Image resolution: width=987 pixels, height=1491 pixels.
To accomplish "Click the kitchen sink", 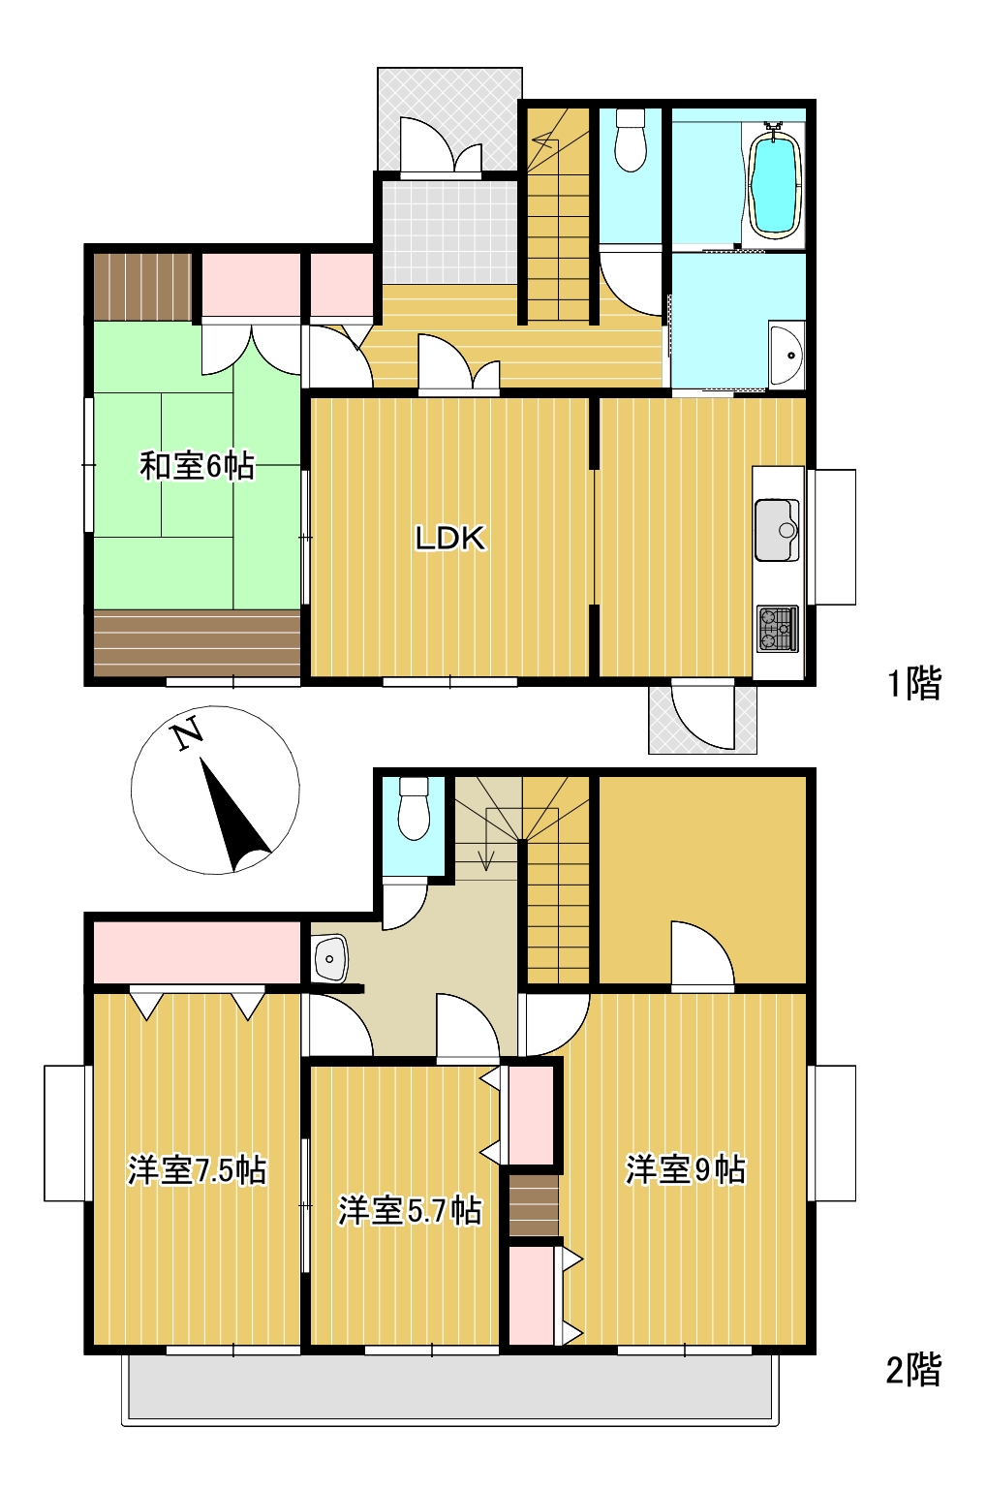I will (x=777, y=530).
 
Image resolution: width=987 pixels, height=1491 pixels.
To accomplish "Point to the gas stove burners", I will (x=777, y=629).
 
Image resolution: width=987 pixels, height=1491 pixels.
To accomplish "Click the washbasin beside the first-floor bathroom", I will (x=786, y=355).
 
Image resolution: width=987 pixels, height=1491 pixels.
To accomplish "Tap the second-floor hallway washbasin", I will (x=330, y=959).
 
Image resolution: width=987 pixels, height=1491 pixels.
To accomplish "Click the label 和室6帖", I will (x=197, y=466).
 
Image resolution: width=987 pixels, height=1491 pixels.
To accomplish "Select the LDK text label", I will (x=449, y=539).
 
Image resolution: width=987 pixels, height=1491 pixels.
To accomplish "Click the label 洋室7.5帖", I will (x=197, y=1170).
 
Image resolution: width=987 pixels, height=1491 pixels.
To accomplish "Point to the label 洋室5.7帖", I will (x=409, y=1210).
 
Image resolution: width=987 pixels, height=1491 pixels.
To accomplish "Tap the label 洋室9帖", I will (x=685, y=1169).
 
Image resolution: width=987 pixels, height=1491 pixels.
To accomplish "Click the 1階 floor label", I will (x=913, y=684).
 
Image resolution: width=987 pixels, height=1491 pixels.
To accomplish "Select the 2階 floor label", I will (x=913, y=1370).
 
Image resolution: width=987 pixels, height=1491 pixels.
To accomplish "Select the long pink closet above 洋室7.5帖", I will (x=197, y=952).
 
